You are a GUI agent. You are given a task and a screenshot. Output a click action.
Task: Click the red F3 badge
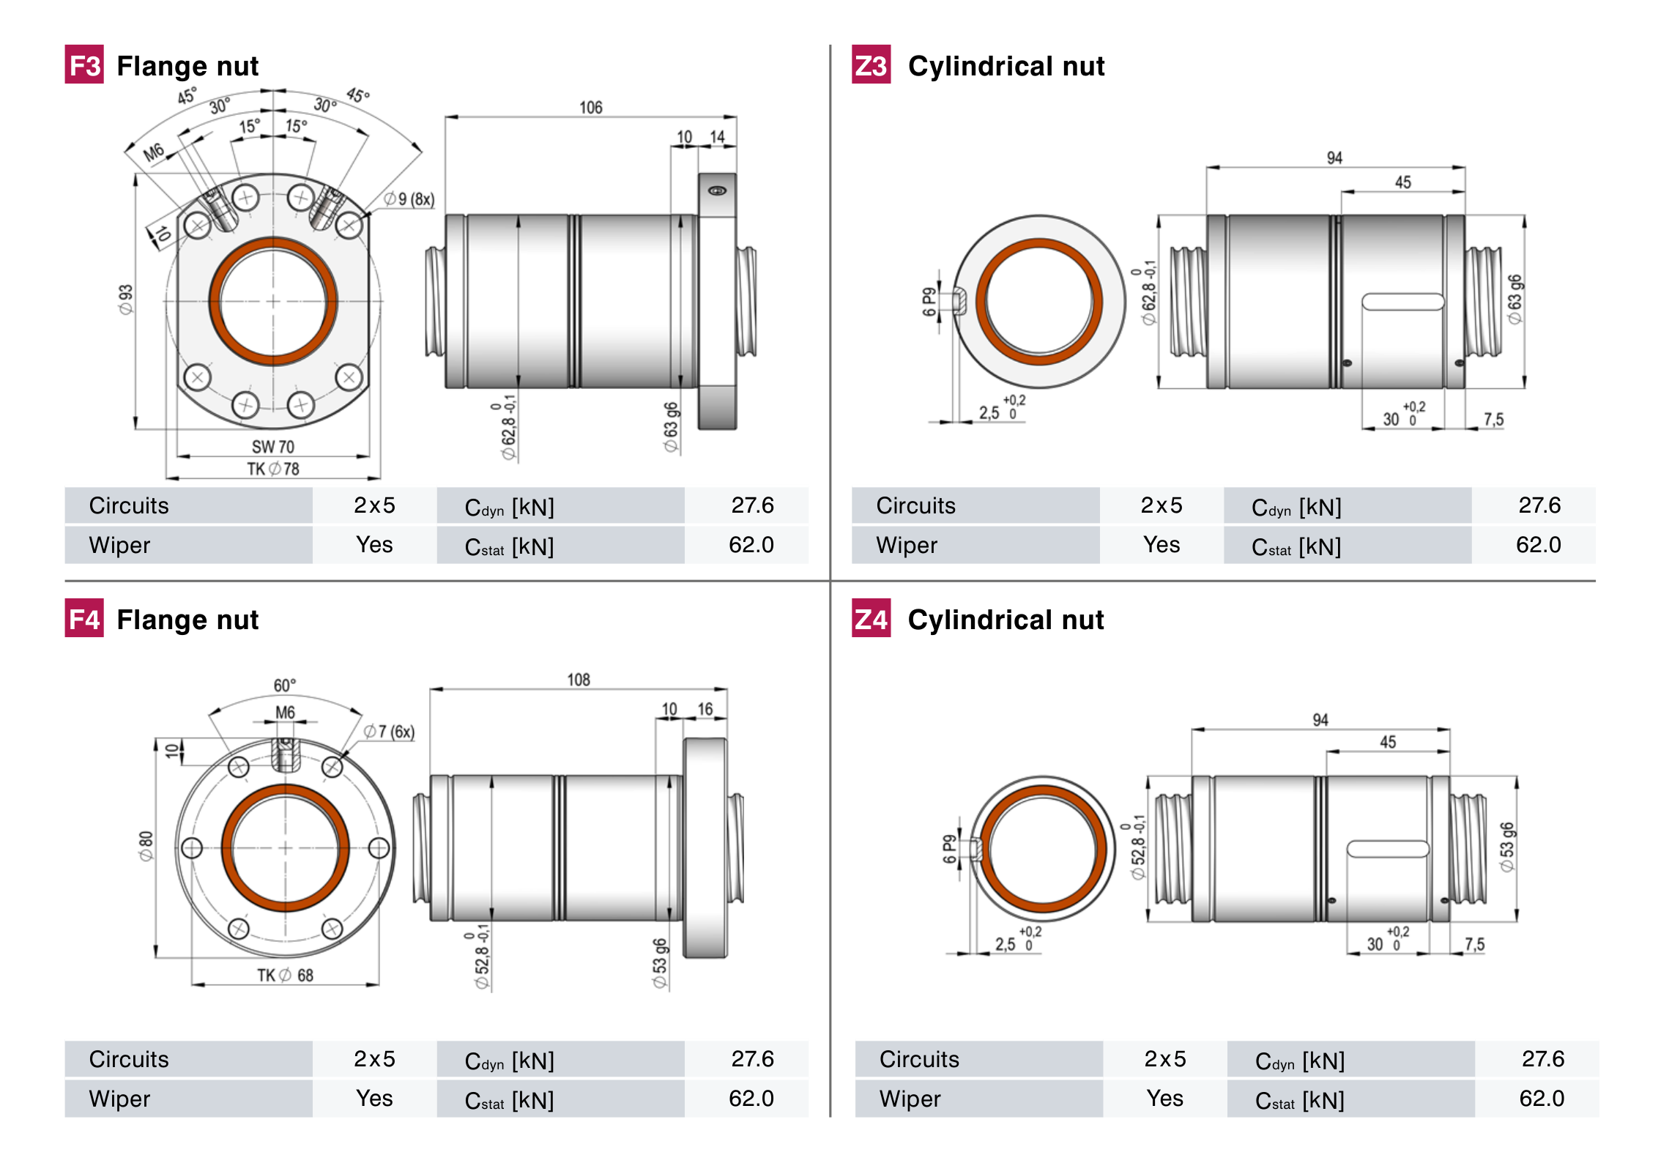coord(83,65)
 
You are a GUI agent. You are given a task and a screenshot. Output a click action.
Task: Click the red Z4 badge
coord(871,619)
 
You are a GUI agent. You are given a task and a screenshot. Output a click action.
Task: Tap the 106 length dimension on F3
coord(590,108)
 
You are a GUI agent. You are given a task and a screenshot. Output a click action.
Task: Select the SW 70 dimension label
coord(272,446)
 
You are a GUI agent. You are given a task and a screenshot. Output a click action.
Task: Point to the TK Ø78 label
coord(272,469)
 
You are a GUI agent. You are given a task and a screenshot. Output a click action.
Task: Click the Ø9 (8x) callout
coord(409,198)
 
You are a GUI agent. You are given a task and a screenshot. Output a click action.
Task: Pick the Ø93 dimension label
coord(126,300)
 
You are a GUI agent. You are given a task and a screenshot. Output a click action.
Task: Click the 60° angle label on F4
coord(284,686)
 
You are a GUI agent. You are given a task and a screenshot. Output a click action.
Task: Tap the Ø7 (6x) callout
coord(390,732)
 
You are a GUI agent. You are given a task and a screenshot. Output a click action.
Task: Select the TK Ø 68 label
coord(285,975)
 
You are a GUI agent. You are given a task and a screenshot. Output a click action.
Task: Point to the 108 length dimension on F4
coord(578,680)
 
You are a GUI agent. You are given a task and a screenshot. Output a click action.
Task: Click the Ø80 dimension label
coord(146,846)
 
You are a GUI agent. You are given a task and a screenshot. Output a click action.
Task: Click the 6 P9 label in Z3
coord(929,301)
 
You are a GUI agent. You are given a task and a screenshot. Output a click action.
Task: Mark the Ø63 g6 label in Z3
coord(1514,299)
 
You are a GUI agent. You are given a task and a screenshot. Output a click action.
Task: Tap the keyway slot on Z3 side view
coord(1402,302)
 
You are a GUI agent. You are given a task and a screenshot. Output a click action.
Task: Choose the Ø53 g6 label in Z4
coord(1506,847)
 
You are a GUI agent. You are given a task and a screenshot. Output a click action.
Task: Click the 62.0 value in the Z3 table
coord(1538,545)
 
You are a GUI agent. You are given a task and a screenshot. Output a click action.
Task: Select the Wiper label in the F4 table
coord(119,1099)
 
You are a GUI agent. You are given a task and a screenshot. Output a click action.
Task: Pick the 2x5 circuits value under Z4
coord(1164,1059)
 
